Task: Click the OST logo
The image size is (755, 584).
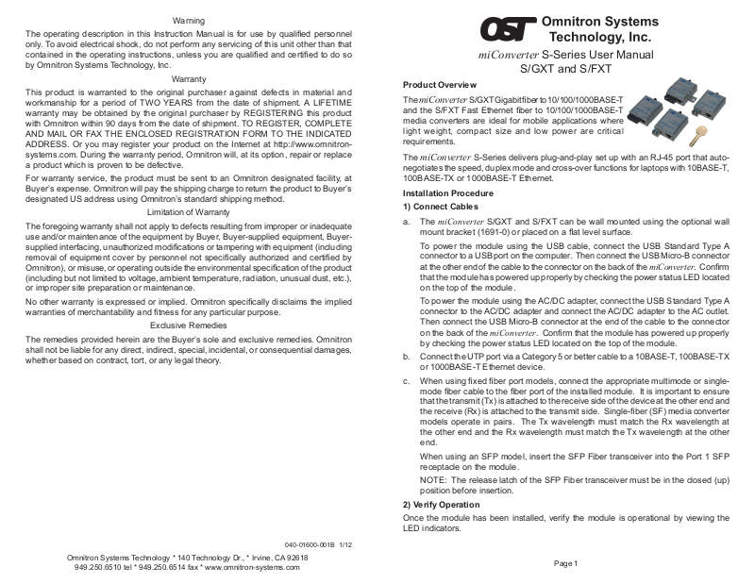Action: tap(506, 30)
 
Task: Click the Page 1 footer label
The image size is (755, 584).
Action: tap(565, 562)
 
